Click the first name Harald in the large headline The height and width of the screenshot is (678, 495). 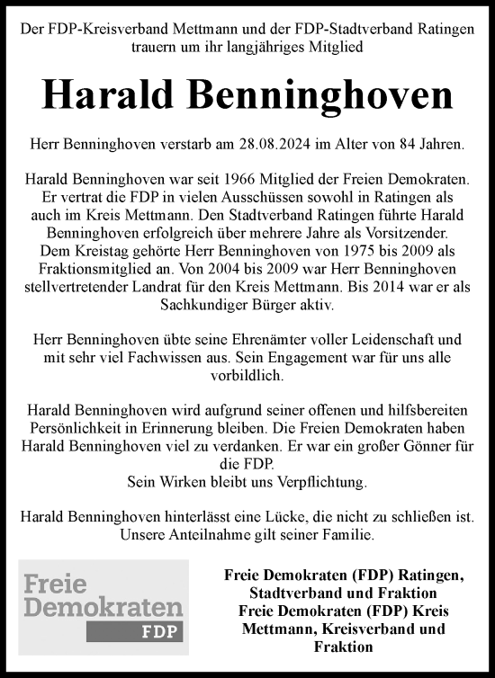click(x=115, y=94)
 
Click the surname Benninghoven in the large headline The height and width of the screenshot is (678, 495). click(x=319, y=94)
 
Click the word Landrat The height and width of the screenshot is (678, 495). click(x=187, y=287)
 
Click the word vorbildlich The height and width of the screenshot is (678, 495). click(x=247, y=376)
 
